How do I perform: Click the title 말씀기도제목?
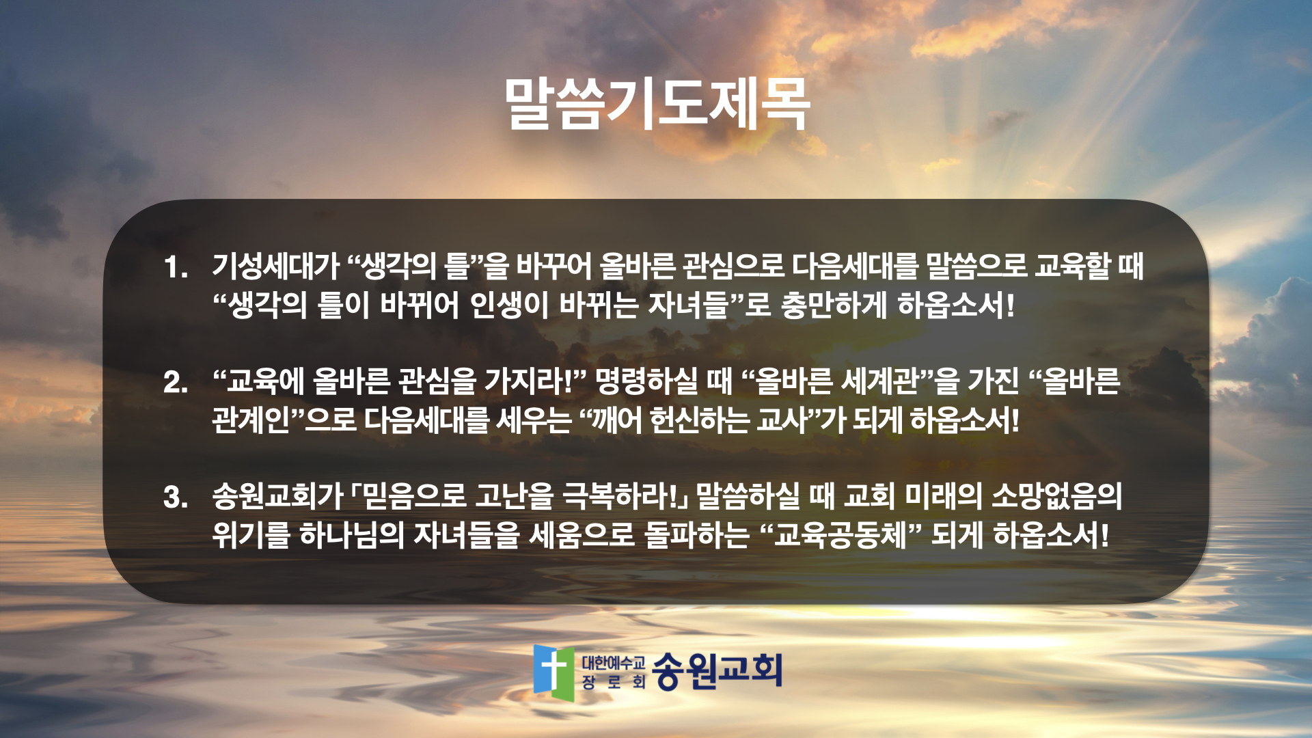(657, 104)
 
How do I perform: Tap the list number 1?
(176, 266)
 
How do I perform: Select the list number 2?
(176, 382)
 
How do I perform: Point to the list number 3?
(176, 497)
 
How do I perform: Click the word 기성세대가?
(275, 266)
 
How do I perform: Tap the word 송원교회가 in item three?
(277, 496)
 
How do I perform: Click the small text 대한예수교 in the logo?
(613, 662)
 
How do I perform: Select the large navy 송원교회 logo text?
(717, 670)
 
